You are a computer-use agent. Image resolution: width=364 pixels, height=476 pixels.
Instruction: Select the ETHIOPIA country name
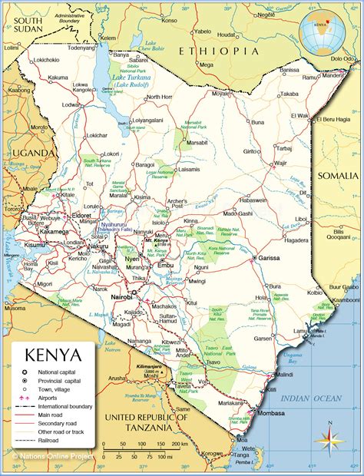[218, 51]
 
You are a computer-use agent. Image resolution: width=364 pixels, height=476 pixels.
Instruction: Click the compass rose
[328, 438]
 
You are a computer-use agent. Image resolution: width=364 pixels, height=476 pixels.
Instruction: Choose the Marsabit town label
[197, 142]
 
